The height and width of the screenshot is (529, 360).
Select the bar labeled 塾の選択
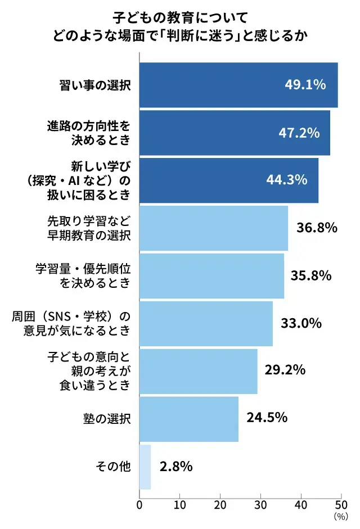tap(188, 419)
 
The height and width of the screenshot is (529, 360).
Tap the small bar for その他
tap(145, 467)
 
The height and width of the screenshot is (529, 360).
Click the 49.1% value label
tap(305, 85)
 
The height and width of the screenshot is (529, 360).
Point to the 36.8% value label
tap(316, 228)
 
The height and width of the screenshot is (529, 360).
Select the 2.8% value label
tap(176, 467)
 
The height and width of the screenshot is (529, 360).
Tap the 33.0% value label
tap(301, 323)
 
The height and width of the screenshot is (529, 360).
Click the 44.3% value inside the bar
tap(287, 180)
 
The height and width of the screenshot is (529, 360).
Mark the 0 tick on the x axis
tap(139, 504)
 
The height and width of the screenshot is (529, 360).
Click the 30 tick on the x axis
tap(261, 504)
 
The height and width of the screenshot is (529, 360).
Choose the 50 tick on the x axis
tap(341, 504)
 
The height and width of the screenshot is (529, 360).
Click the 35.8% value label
tap(311, 275)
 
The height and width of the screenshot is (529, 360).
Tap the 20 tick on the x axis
tap(220, 504)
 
